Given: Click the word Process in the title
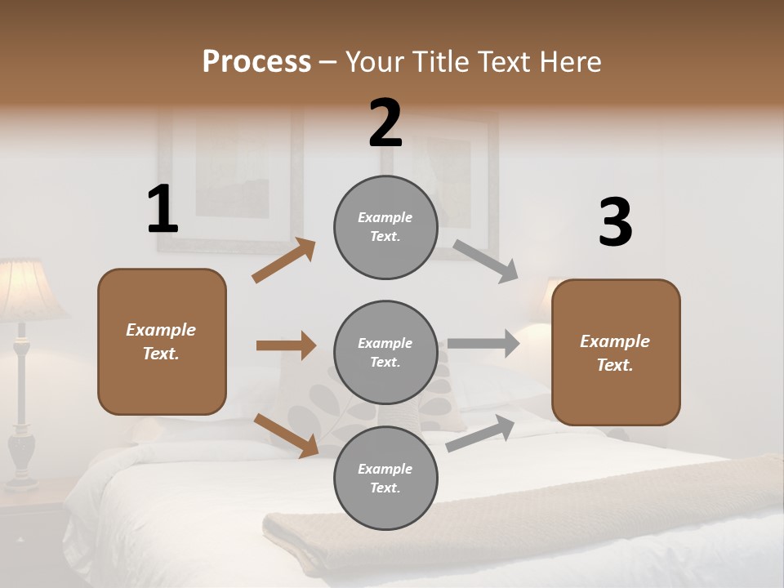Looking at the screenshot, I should tap(256, 62).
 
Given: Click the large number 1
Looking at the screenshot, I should tap(162, 210).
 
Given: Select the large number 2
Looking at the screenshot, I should tap(385, 123).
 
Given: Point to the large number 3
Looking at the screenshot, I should tap(615, 223).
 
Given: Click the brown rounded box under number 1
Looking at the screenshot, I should tap(162, 341).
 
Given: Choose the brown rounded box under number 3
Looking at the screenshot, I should tap(616, 353).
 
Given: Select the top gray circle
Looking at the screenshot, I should tap(385, 227).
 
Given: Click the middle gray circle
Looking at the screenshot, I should tap(385, 353).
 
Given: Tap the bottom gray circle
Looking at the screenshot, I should tap(385, 478).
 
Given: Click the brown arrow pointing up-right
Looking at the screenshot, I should tap(284, 261).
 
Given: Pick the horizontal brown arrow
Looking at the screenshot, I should tap(286, 345).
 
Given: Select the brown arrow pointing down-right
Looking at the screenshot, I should tap(286, 434).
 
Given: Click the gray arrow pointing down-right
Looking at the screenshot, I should tap(485, 261).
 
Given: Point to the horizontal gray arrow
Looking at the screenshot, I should tap(483, 343).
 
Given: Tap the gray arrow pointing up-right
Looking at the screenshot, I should tap(481, 433).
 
